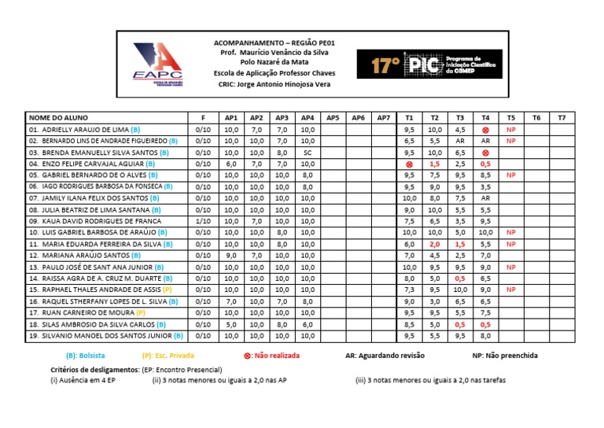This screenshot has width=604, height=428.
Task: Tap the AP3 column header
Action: click(x=282, y=117)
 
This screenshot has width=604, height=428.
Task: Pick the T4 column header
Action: click(x=485, y=117)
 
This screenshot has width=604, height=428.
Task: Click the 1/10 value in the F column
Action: click(x=202, y=222)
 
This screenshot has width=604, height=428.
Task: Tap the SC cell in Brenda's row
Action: click(x=308, y=153)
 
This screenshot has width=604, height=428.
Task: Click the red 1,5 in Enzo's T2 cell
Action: click(x=435, y=164)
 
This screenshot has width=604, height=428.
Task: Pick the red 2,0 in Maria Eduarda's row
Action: click(x=435, y=245)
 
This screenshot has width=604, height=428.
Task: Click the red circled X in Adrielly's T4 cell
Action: click(x=485, y=129)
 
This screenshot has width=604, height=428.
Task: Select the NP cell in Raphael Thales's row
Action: click(x=510, y=290)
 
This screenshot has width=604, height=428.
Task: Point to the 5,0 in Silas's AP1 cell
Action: click(x=231, y=324)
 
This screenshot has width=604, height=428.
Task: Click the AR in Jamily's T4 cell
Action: click(x=485, y=198)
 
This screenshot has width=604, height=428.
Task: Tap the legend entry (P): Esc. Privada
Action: click(x=169, y=356)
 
